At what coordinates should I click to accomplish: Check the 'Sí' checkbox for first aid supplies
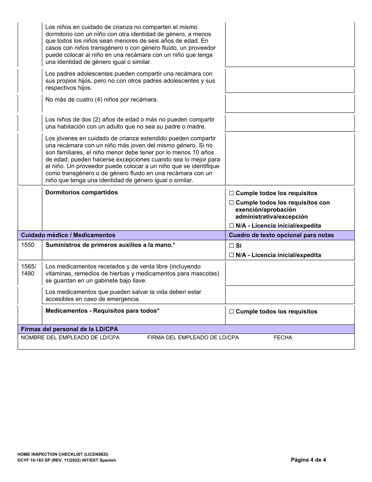point(231,246)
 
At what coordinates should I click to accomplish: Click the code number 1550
point(27,245)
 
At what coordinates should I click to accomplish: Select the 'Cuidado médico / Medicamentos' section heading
point(68,235)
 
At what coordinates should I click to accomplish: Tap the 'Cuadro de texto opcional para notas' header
point(281,235)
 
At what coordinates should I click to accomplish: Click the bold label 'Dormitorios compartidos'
point(81,192)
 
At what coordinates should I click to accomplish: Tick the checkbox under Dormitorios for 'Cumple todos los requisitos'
point(231,193)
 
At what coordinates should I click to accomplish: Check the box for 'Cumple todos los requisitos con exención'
point(231,203)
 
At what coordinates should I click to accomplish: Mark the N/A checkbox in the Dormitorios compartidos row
point(231,226)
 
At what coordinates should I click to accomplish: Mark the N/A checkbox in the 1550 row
point(231,255)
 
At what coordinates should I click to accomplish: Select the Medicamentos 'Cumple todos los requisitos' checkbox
point(231,312)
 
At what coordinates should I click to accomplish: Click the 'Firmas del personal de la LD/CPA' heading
point(69,329)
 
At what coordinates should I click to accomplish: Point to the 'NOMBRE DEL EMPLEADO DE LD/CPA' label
point(70,337)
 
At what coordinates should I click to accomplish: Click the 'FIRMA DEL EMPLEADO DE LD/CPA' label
point(193,337)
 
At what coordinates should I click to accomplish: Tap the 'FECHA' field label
point(283,337)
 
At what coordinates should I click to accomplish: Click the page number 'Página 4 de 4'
point(308,460)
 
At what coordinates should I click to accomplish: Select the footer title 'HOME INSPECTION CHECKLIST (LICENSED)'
point(63,454)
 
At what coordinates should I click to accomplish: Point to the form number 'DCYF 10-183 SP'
point(39,460)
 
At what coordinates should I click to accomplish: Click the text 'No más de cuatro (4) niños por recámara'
point(101,100)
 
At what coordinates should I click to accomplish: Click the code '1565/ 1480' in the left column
point(28,270)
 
